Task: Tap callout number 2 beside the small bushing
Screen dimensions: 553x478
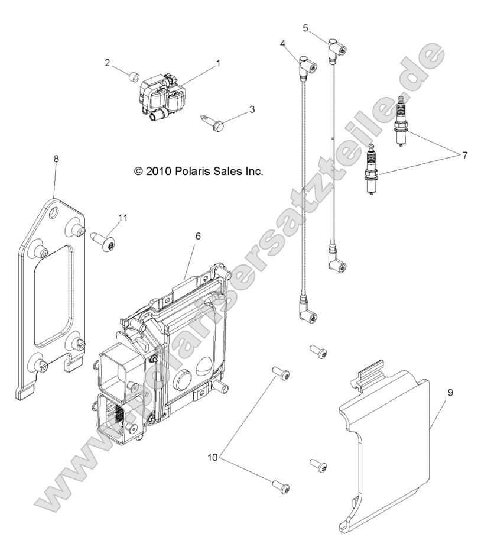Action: (108, 63)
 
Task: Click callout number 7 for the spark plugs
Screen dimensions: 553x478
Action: (464, 156)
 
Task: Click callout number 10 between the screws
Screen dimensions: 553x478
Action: (213, 457)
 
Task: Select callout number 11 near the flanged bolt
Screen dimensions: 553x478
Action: (122, 218)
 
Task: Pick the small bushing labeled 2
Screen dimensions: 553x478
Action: (134, 76)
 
